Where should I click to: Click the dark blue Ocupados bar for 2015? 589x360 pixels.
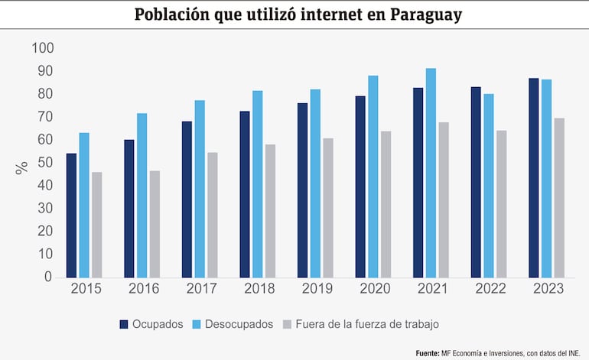[71, 216]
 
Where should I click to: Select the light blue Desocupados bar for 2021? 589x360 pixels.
[431, 173]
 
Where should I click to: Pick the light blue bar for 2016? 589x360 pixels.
[142, 195]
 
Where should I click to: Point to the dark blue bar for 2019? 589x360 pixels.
[303, 190]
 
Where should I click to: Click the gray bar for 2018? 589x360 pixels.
[270, 210]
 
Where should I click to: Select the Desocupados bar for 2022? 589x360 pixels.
[489, 185]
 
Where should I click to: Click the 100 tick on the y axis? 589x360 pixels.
[43, 48]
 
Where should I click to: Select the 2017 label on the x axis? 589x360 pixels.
[200, 289]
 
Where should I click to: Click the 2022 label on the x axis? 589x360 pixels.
[490, 289]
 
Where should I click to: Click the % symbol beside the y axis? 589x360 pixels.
[22, 167]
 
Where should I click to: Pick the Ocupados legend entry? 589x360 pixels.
[151, 324]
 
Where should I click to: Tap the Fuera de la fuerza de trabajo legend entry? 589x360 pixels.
[362, 324]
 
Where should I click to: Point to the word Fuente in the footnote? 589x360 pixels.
[428, 353]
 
